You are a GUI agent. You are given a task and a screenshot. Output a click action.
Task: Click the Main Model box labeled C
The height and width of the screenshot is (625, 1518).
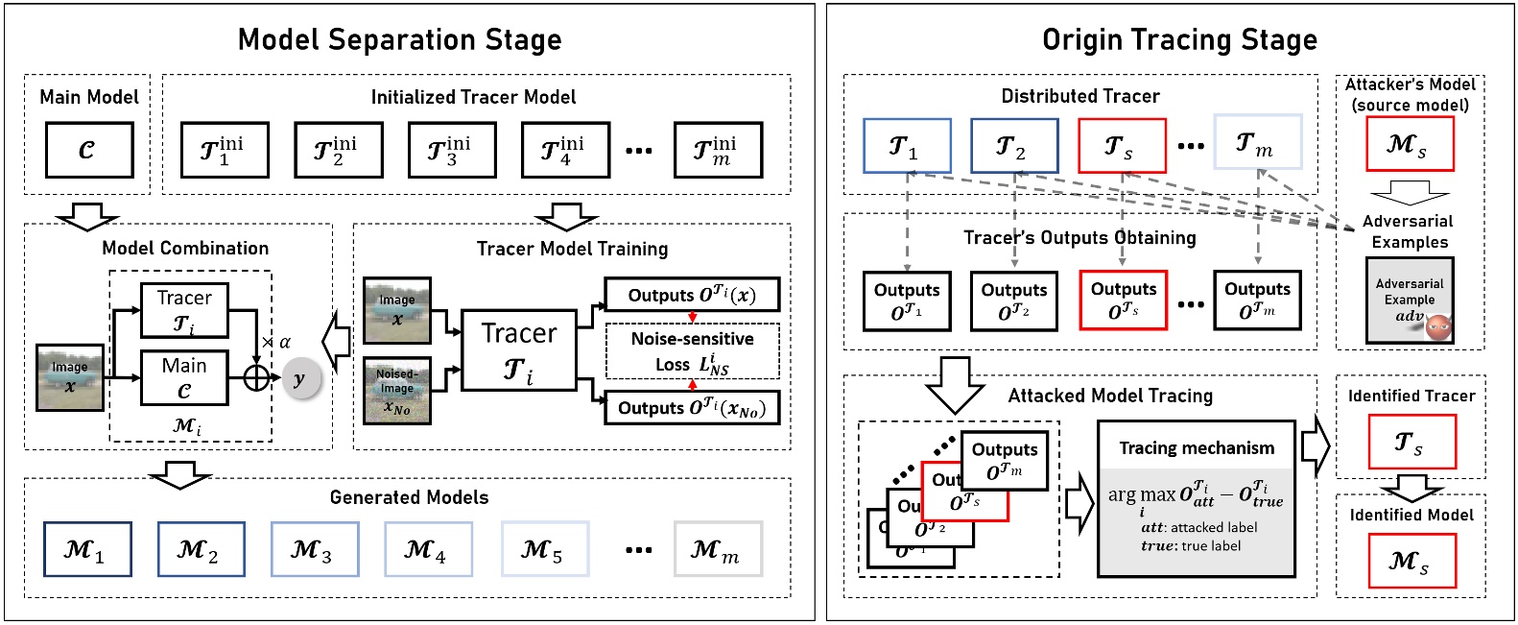tap(89, 150)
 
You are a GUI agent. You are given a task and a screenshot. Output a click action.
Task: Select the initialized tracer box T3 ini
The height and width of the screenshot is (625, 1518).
tap(452, 150)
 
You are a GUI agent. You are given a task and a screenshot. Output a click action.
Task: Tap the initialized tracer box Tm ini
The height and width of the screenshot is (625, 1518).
tap(718, 150)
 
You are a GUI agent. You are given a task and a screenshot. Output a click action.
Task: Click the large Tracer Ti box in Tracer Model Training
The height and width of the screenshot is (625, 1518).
tap(519, 349)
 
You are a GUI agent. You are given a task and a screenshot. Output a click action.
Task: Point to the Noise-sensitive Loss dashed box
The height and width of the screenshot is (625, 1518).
tap(692, 351)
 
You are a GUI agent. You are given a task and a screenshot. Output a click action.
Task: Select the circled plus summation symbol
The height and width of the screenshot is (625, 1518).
tap(256, 377)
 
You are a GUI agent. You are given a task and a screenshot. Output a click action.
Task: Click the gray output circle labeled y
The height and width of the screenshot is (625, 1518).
tap(300, 378)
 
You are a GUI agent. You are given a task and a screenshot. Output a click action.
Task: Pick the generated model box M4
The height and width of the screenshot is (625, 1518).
tap(428, 549)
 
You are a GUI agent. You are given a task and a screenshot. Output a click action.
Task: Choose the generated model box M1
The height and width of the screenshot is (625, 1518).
tap(87, 549)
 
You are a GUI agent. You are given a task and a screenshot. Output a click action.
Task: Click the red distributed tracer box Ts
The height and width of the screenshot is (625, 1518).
tap(1122, 146)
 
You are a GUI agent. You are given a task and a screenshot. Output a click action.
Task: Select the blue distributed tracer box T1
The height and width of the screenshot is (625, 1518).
tap(907, 146)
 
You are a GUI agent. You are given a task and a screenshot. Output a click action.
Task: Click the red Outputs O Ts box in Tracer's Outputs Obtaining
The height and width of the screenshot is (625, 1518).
tap(1124, 300)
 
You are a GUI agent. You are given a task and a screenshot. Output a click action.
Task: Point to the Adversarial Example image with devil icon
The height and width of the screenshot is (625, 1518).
tap(1410, 300)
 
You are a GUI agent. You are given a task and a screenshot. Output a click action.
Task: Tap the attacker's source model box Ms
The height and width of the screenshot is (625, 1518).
tap(1410, 144)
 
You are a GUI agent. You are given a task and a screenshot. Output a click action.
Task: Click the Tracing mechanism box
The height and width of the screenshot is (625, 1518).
tap(1196, 498)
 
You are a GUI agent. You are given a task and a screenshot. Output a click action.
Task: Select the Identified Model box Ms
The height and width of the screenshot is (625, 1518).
tap(1411, 560)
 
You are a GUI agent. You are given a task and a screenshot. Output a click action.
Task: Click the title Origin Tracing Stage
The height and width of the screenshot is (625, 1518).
tap(1179, 39)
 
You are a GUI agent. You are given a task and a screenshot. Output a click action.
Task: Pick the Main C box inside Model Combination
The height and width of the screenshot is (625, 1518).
tap(184, 377)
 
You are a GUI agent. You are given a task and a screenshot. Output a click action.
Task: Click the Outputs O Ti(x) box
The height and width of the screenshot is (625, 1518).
tap(692, 295)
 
